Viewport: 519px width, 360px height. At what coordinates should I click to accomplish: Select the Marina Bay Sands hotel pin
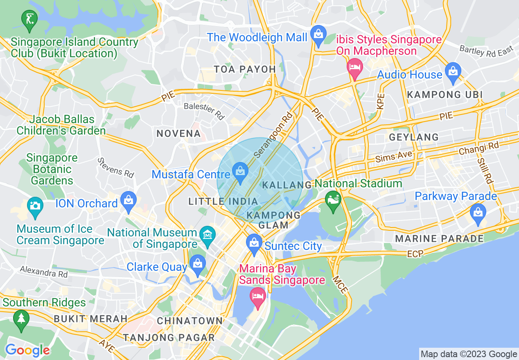point(257,297)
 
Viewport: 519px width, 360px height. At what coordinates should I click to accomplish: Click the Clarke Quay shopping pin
point(198,265)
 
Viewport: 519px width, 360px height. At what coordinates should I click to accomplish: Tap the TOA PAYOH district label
point(245,69)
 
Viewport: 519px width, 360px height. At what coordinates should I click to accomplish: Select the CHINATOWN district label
point(190,321)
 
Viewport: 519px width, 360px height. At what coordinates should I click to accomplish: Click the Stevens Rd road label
point(116,168)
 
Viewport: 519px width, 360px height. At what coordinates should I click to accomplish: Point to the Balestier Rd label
point(205,111)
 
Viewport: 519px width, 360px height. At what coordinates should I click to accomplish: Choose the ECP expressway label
point(415,254)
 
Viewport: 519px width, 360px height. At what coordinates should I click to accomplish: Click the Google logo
point(27,350)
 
